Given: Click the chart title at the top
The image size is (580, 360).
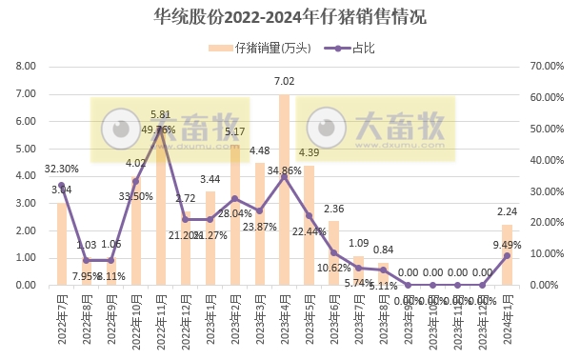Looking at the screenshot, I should (290, 17).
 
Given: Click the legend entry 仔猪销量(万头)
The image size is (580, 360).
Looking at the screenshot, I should (268, 48).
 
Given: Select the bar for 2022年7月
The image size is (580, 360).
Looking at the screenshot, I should (62, 244).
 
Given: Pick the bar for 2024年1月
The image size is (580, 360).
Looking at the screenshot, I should (507, 254).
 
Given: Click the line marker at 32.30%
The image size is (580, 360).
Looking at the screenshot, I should (62, 185).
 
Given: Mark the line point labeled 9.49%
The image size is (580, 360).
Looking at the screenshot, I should (507, 255).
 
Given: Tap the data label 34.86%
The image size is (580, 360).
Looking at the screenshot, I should (285, 170).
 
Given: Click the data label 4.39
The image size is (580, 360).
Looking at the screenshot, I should (309, 152).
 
